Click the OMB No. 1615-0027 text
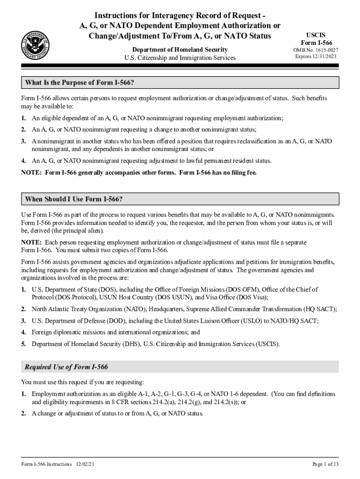[x=316, y=50]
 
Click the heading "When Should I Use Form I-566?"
[x=74, y=199]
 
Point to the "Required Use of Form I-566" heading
[x=66, y=367]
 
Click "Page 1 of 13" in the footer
[x=325, y=464]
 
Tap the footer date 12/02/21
[x=86, y=464]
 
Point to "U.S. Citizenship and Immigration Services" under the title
[x=180, y=58]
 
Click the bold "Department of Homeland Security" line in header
[x=180, y=50]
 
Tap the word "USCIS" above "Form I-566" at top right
[x=316, y=35]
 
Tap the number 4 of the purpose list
[x=23, y=161]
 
